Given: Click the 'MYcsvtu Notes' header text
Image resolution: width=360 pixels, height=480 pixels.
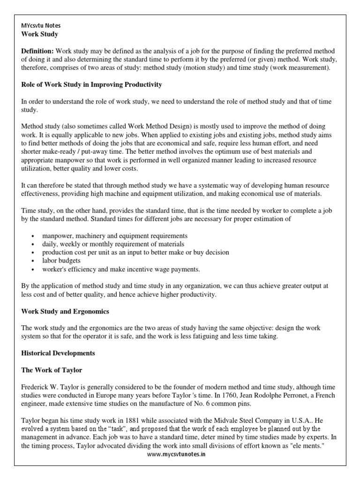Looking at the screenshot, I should (41, 25).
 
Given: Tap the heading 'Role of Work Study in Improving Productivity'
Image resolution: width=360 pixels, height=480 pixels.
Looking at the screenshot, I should (92, 84).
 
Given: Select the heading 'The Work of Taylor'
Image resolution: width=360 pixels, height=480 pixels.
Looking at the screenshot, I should (52, 370).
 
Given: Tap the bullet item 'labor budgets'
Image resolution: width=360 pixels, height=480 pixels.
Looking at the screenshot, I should (61, 261).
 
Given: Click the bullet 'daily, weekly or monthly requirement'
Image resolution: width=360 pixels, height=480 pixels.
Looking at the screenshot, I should (113, 244).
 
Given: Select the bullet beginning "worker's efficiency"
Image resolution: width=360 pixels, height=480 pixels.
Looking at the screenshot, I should (121, 269).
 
